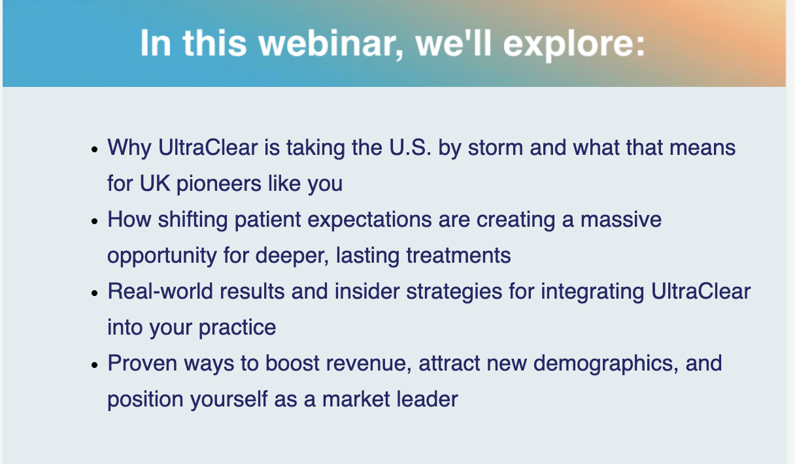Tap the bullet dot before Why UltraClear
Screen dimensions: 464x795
coord(95,149)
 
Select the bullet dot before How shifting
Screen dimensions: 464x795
coord(95,221)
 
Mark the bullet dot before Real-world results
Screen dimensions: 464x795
coord(95,293)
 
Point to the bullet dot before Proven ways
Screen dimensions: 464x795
coord(95,365)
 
